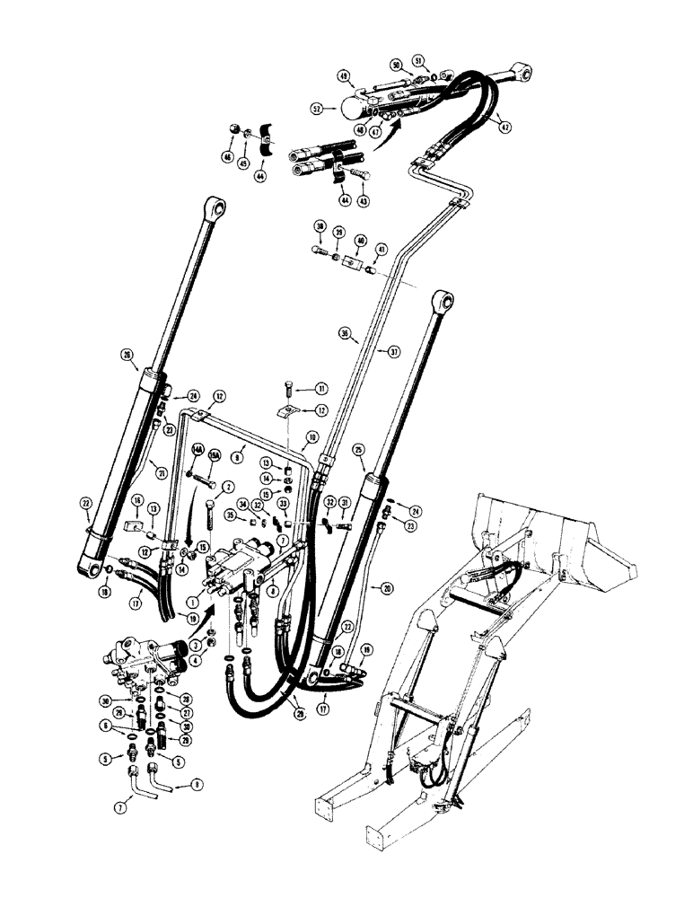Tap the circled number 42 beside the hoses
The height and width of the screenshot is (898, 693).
pos(506,127)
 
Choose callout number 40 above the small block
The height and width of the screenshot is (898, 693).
pos(360,241)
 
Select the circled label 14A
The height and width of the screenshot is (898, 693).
pos(191,454)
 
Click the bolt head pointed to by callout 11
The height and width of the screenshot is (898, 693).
pos(287,389)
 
